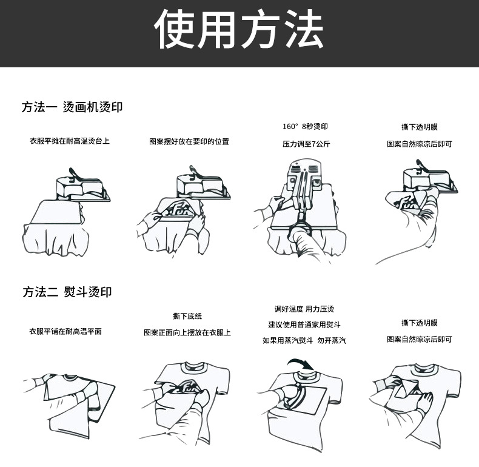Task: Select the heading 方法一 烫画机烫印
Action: [x=72, y=107]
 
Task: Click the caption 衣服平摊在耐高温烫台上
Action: [x=70, y=141]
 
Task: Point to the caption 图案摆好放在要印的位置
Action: [x=189, y=141]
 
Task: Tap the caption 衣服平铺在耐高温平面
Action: [x=65, y=331]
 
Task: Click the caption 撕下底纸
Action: [x=187, y=316]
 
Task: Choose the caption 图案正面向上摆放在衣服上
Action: [x=187, y=332]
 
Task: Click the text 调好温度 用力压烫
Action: [x=304, y=309]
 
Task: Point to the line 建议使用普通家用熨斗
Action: [x=304, y=324]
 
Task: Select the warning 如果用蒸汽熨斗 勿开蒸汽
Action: [x=304, y=341]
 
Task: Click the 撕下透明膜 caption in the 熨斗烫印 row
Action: [x=419, y=323]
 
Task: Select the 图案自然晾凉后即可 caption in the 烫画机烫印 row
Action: [x=419, y=144]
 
